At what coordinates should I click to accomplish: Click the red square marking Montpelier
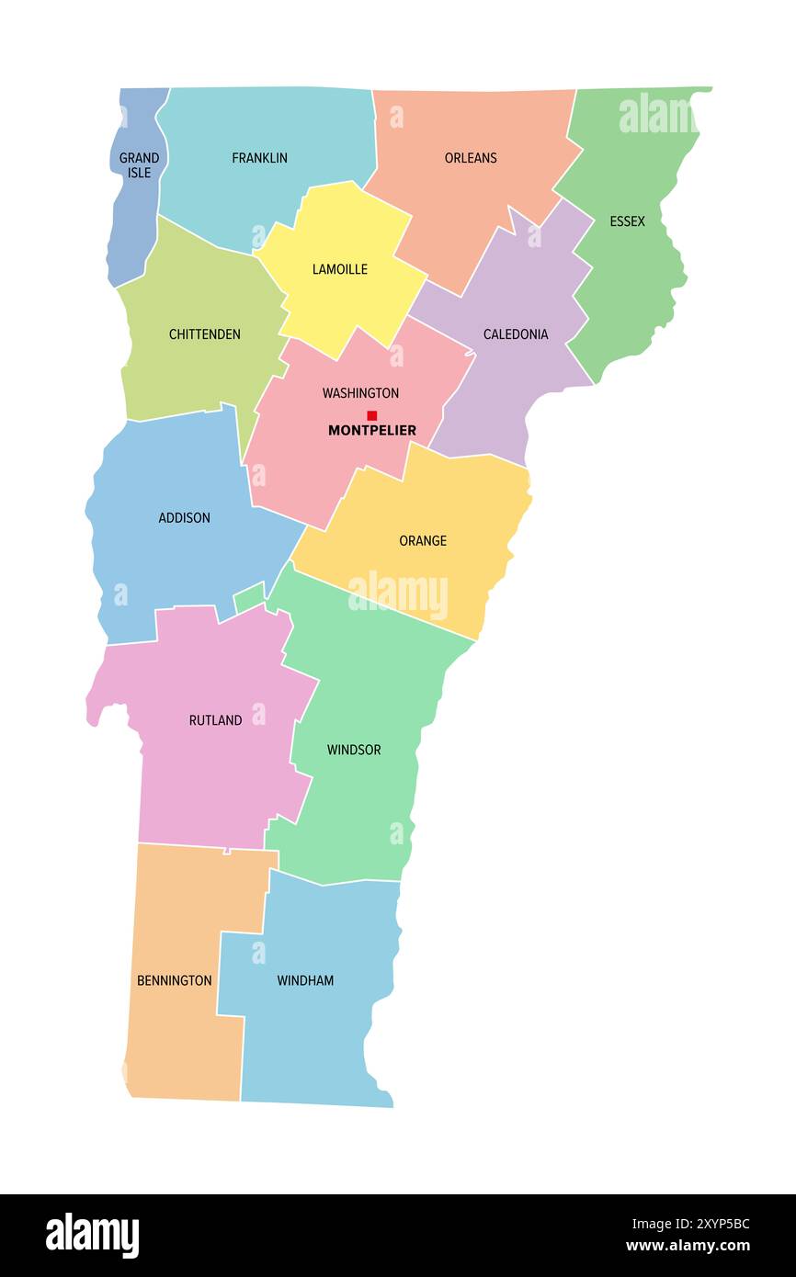371,415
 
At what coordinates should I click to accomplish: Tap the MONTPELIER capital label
372,430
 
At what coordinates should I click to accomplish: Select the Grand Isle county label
139,165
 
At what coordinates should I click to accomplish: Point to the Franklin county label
259,158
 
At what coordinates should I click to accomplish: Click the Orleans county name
471,158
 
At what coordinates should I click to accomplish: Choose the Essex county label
627,221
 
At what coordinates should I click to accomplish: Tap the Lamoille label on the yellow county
339,269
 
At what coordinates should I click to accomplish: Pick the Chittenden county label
204,334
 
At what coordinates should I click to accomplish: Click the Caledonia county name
516,334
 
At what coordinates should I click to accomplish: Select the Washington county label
360,393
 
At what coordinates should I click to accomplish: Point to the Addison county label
184,518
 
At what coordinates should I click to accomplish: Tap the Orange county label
423,541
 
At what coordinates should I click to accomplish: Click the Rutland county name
215,720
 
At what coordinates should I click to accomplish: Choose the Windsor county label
354,750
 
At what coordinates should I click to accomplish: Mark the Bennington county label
174,981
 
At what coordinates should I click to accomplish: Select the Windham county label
305,981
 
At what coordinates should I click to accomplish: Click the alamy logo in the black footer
93,1235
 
